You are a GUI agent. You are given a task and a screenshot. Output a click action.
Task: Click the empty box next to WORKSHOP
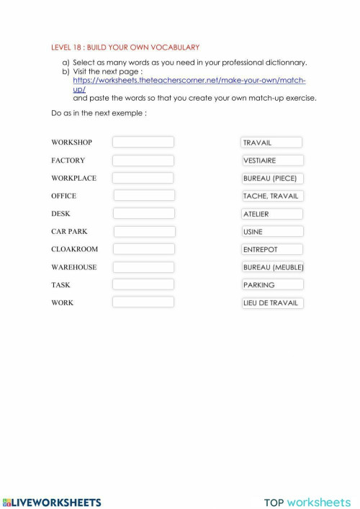143,143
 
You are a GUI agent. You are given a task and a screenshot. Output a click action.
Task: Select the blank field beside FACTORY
143,161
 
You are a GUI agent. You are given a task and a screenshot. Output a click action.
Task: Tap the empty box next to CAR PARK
144,232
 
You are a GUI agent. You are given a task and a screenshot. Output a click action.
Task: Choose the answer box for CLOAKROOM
144,249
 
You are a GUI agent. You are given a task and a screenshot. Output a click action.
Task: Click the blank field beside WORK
143,302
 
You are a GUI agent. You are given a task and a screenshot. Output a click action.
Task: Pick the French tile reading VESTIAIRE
272,161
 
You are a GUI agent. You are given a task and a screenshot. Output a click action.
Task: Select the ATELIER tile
272,214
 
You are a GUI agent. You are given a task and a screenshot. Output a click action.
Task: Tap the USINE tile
272,232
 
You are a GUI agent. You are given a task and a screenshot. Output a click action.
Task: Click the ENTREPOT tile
272,249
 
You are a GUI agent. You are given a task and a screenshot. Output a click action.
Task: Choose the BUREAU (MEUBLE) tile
273,267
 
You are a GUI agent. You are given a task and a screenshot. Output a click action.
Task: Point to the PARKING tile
272,285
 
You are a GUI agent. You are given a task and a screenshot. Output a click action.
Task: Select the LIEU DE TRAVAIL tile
272,303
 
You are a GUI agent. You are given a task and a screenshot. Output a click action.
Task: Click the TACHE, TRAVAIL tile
272,196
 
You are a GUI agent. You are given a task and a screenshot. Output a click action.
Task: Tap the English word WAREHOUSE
73,267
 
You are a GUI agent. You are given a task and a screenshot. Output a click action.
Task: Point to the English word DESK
60,214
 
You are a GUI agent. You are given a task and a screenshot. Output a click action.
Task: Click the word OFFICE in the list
63,196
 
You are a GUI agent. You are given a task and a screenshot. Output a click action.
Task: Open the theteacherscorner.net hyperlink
189,81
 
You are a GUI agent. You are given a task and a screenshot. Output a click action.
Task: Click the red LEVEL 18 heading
125,47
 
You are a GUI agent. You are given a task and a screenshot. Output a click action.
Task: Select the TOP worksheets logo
307,503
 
